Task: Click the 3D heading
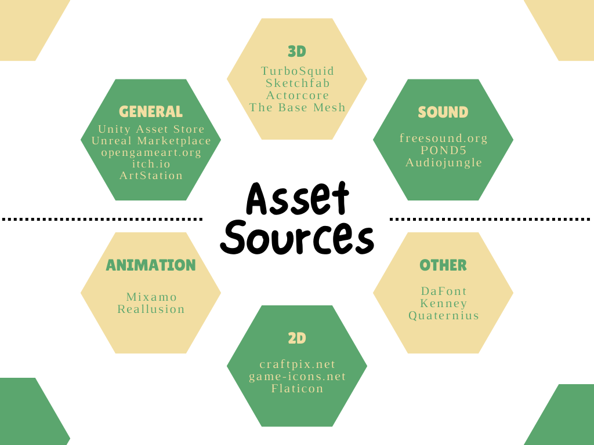296,52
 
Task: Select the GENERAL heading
151,111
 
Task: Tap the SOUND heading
443,112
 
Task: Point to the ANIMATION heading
151,265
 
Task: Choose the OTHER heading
443,265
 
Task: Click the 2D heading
296,338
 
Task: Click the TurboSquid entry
298,71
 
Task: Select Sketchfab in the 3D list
298,83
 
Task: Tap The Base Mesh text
298,107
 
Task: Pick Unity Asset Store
151,129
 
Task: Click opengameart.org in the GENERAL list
151,152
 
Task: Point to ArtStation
151,176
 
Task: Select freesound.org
444,138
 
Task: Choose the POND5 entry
444,151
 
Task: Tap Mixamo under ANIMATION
151,297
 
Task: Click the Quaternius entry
444,316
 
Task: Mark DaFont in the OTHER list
444,291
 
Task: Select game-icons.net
298,377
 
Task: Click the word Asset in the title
298,199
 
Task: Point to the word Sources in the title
298,238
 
